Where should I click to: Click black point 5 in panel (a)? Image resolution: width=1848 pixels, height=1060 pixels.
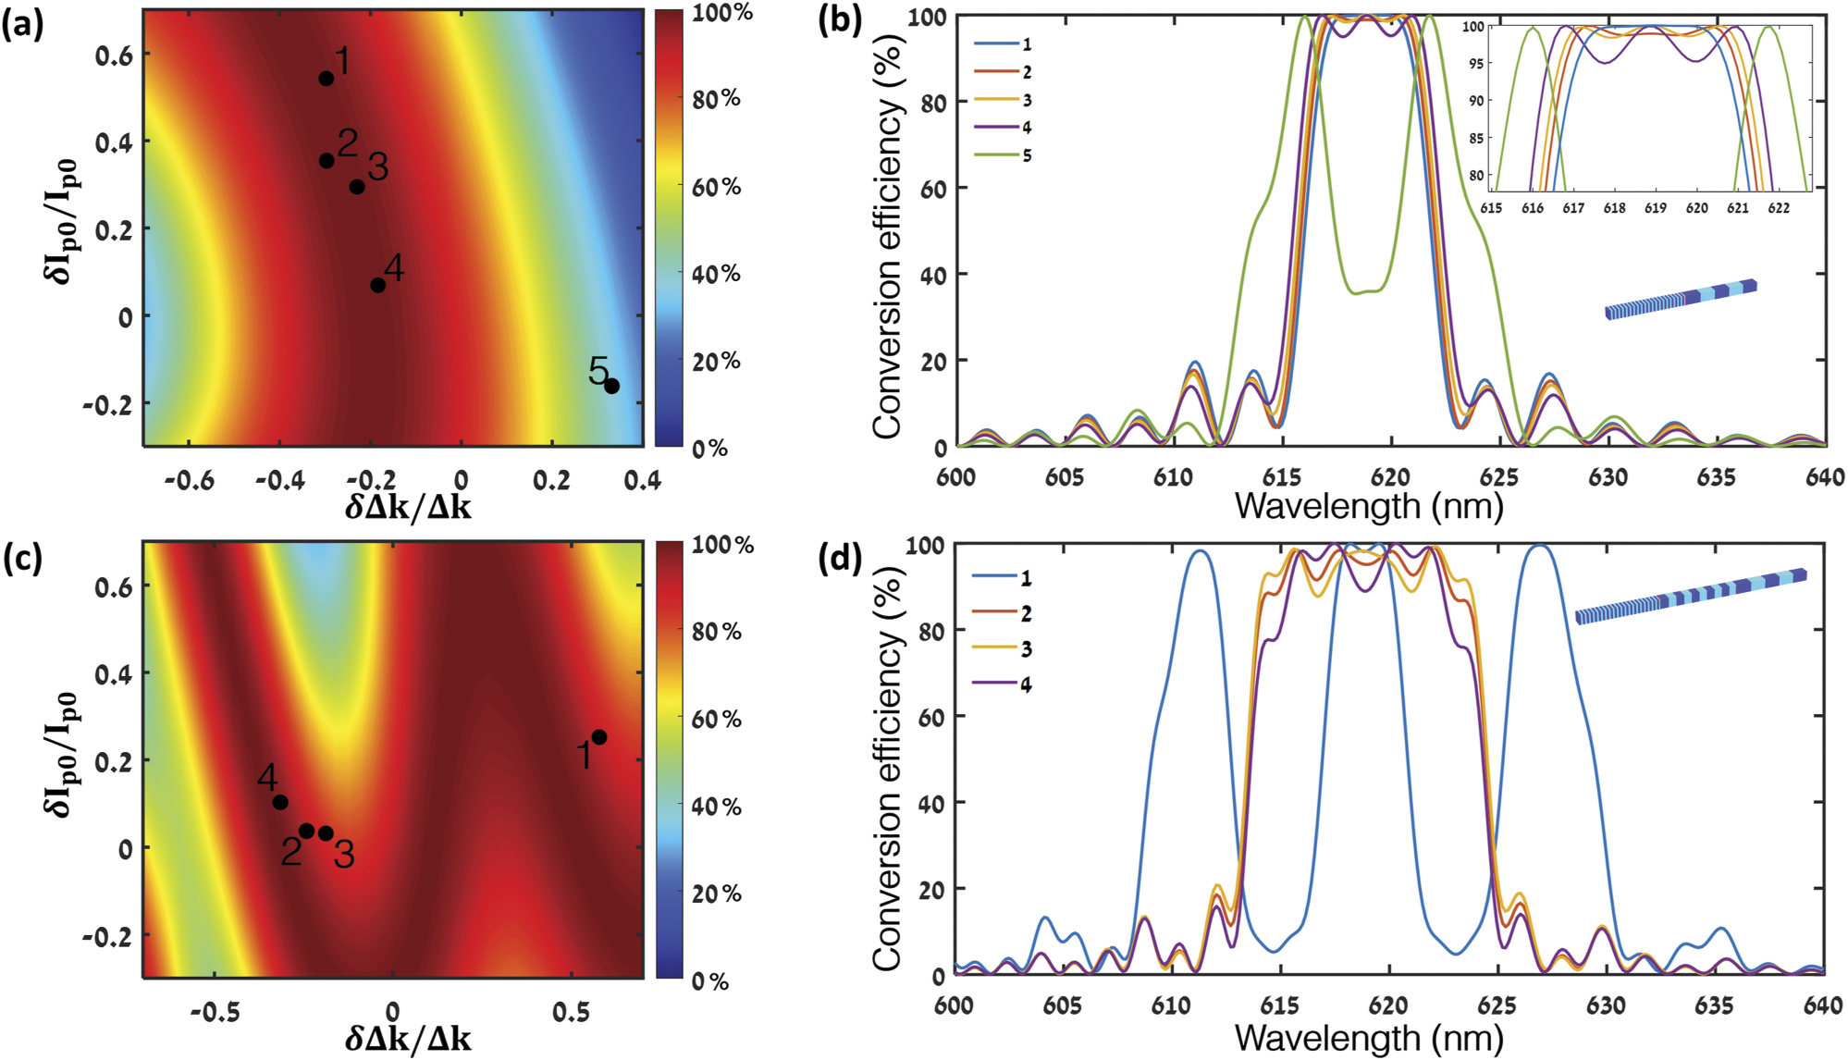point(611,386)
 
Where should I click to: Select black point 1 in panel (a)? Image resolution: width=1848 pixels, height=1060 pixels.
point(326,79)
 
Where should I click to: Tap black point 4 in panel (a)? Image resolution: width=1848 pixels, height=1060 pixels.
point(377,285)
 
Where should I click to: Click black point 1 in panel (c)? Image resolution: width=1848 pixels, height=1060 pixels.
point(599,737)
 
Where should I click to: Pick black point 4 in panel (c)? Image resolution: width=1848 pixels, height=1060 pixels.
point(280,802)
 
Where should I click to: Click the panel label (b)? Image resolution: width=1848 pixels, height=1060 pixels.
point(840,20)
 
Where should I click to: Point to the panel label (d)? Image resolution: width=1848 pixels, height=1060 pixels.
point(840,558)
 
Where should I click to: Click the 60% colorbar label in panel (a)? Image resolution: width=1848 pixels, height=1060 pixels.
point(717,187)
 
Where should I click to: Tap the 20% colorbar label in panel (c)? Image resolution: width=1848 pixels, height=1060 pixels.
point(717,894)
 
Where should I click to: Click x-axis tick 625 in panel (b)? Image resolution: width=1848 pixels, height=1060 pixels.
point(1499,477)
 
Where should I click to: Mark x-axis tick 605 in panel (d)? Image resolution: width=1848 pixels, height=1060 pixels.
point(1062,1005)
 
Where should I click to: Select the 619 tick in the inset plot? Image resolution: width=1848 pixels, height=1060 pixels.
point(1656,208)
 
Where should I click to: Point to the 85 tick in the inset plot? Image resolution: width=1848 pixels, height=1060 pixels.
point(1475,138)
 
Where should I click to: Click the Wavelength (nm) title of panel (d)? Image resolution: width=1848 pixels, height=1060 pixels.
point(1369,1039)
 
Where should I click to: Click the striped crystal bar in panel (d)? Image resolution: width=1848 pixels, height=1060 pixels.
point(1691,597)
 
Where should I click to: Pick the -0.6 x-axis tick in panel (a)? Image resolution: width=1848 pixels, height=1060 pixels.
point(193,480)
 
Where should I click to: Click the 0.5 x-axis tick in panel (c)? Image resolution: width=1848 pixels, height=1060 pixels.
point(571,1012)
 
